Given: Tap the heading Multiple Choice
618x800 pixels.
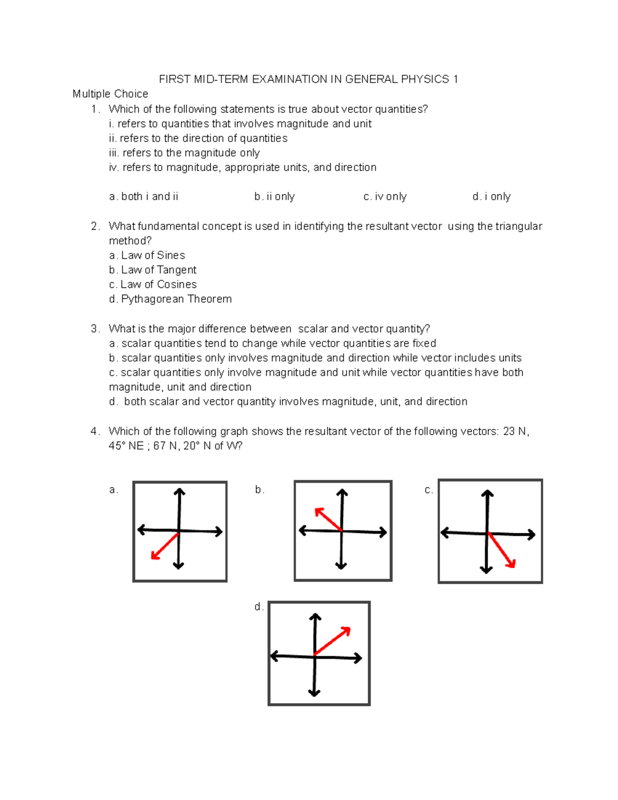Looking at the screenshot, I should [110, 94].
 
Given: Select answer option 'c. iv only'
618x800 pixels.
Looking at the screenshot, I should [385, 197].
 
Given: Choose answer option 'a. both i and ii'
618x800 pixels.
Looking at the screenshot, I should [144, 197].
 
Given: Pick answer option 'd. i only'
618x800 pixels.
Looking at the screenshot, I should [491, 197].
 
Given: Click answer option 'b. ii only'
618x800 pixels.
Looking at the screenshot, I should [274, 197].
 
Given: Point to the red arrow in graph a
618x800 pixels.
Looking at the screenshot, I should [165, 546].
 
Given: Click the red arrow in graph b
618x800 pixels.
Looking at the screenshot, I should [328, 519].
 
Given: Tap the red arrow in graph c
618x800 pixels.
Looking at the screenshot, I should [502, 551].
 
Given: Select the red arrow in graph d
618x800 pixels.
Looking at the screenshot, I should [333, 641].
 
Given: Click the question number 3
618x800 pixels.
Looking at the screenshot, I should [94, 329].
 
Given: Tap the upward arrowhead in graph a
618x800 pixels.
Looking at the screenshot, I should [179, 492].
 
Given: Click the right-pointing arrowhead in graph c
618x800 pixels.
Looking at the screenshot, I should [530, 535].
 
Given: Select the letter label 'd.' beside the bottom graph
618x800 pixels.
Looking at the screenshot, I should [259, 607].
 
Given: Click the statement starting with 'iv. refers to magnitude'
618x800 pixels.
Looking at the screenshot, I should [243, 167].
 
